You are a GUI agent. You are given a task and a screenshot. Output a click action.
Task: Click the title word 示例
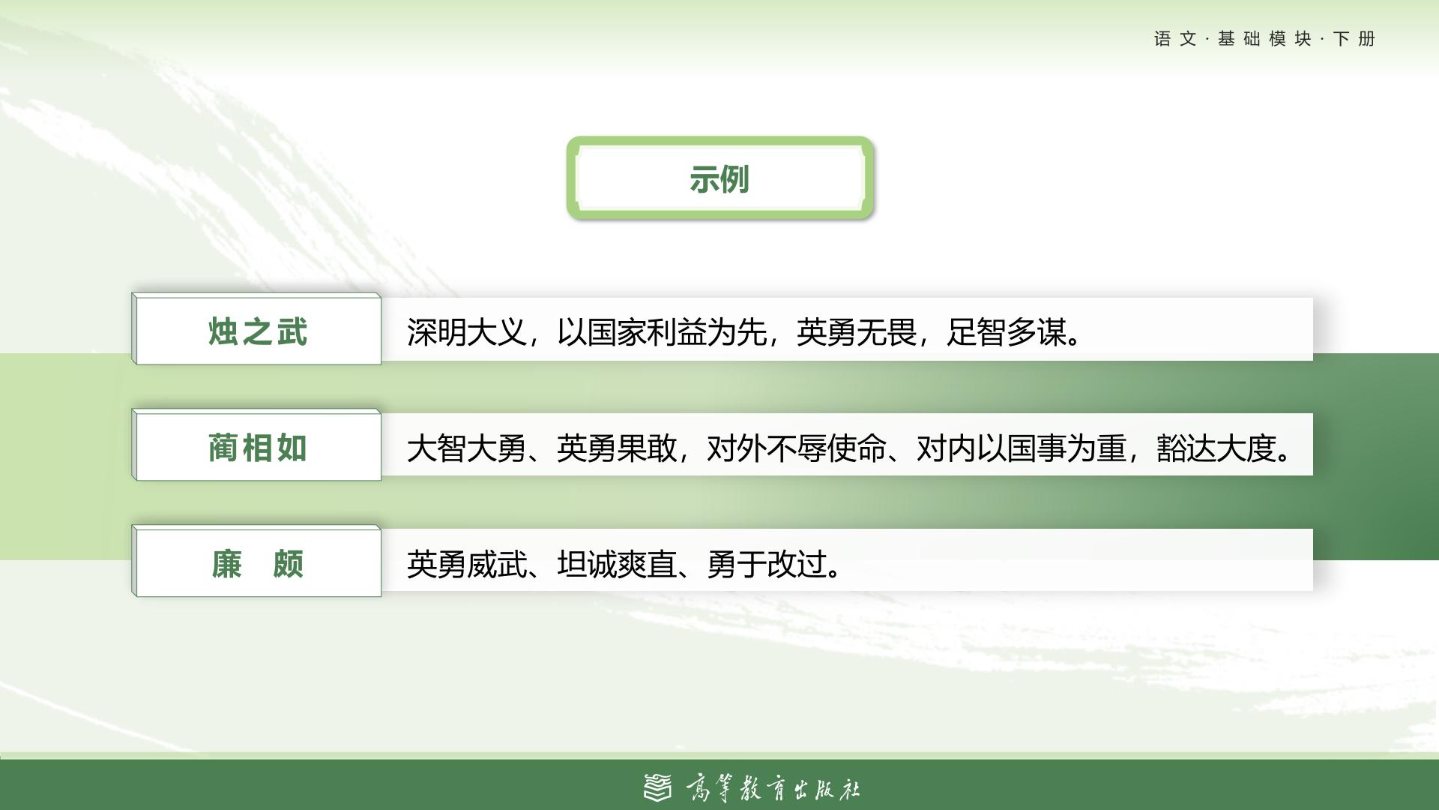719,179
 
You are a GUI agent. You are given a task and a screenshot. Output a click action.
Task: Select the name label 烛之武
258,332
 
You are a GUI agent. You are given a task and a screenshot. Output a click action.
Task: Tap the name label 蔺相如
258,448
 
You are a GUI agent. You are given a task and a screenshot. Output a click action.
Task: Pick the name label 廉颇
258,564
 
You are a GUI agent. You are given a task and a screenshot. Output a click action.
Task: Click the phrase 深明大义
466,332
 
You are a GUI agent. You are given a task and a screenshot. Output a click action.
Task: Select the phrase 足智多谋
1006,332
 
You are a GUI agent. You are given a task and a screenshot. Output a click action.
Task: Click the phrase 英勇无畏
856,332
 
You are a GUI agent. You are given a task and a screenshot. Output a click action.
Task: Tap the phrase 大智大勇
466,448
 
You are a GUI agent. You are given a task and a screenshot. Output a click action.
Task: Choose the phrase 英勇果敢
616,448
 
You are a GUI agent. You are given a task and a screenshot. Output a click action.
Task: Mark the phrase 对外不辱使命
796,448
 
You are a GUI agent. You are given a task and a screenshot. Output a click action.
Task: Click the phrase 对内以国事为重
1021,448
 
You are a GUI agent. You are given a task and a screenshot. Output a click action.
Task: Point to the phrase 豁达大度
1216,448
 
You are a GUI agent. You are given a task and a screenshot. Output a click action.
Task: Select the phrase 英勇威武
466,564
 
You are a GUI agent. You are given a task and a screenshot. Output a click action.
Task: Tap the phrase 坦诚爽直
616,564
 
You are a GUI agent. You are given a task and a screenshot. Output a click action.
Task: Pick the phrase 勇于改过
766,564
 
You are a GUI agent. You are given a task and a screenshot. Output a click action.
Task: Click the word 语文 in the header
1175,39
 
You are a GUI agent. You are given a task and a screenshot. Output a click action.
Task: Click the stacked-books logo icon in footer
658,787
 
